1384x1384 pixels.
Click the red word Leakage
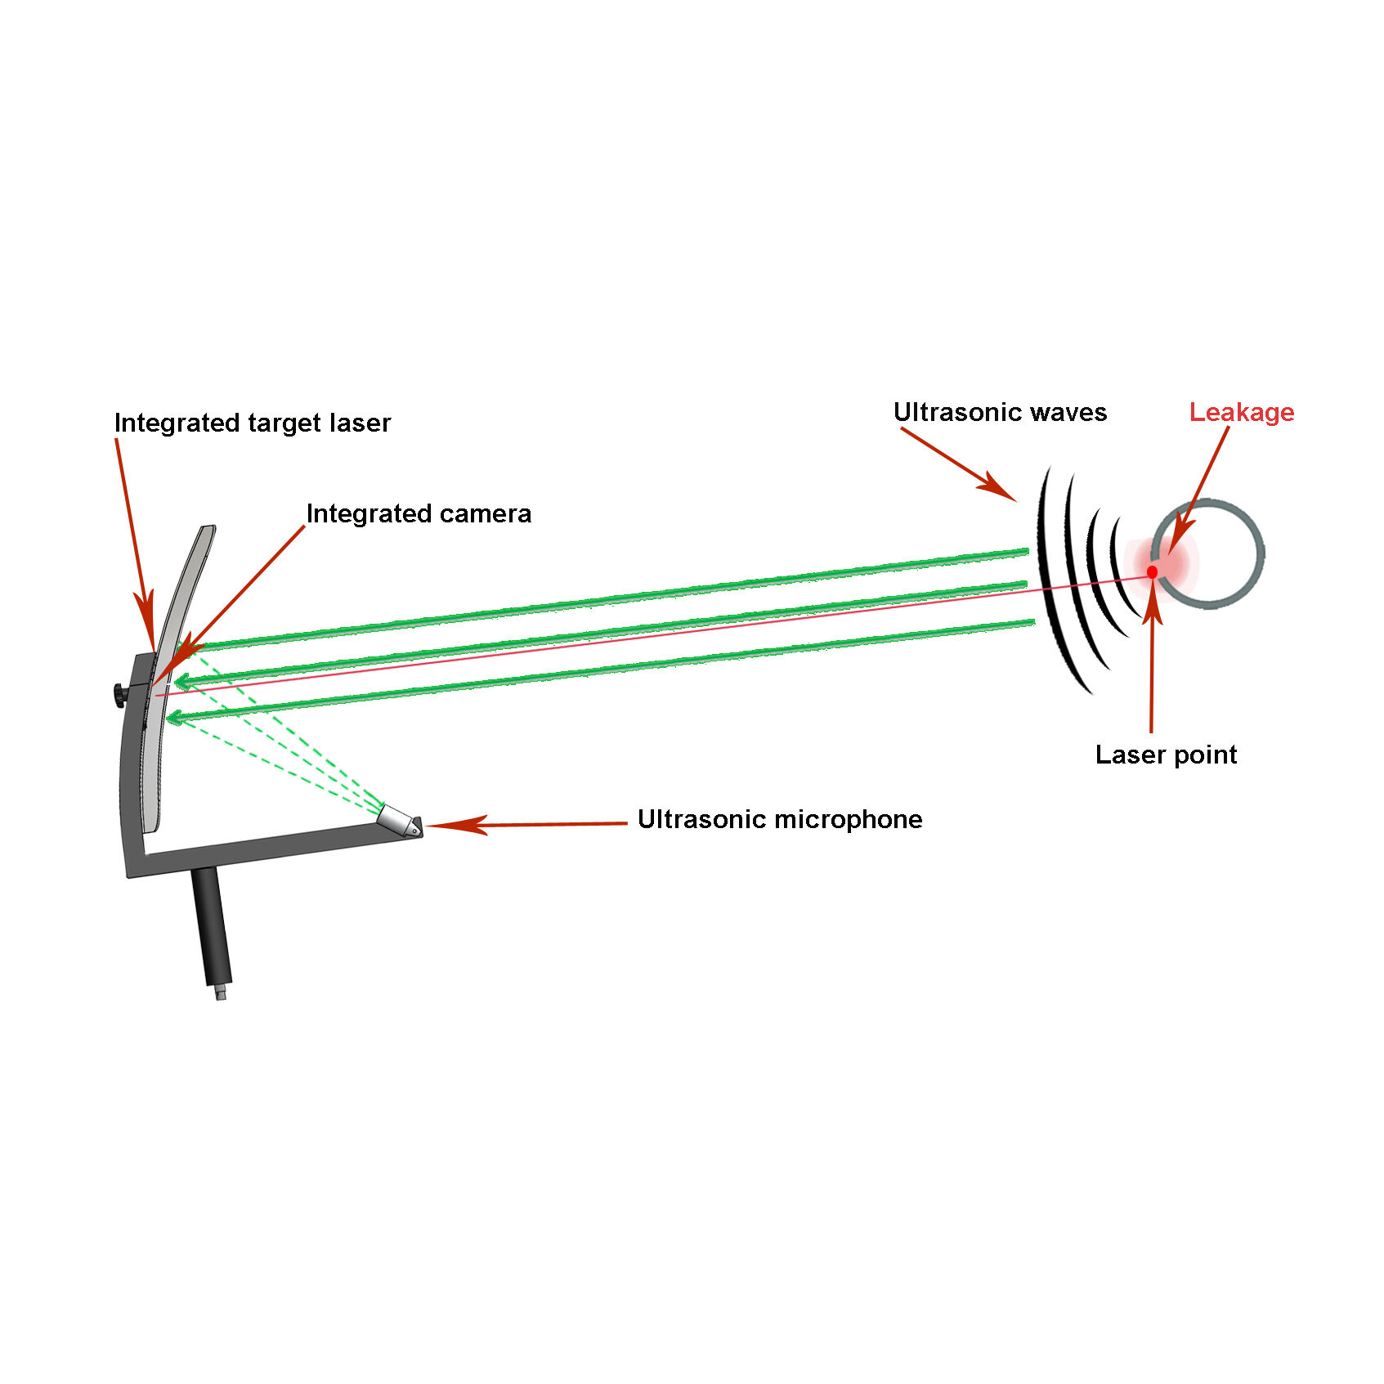pos(1241,412)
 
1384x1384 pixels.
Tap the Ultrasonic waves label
pos(999,412)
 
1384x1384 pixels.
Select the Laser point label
pos(1165,755)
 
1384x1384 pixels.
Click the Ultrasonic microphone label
pos(779,819)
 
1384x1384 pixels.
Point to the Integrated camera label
pos(419,513)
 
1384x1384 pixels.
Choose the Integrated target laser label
pos(252,423)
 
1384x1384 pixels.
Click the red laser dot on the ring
pos(1152,571)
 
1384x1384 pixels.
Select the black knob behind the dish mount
pos(119,695)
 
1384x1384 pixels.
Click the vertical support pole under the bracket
pos(211,924)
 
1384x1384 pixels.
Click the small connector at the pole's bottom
pos(220,994)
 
